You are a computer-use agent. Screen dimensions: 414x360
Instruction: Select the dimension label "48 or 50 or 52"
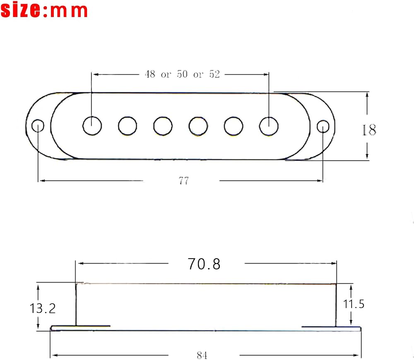pos(182,74)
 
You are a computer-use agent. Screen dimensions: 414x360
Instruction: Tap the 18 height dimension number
pos(368,130)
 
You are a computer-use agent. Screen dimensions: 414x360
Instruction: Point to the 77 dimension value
pos(184,181)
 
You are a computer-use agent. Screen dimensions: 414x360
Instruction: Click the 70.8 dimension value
pos(204,264)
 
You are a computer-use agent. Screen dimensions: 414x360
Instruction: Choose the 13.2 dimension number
pos(43,308)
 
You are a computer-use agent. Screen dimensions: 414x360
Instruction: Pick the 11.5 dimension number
pos(354,304)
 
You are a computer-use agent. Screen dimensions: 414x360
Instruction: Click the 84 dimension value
pos(202,355)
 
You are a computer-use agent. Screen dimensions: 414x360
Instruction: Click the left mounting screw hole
pos(38,126)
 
